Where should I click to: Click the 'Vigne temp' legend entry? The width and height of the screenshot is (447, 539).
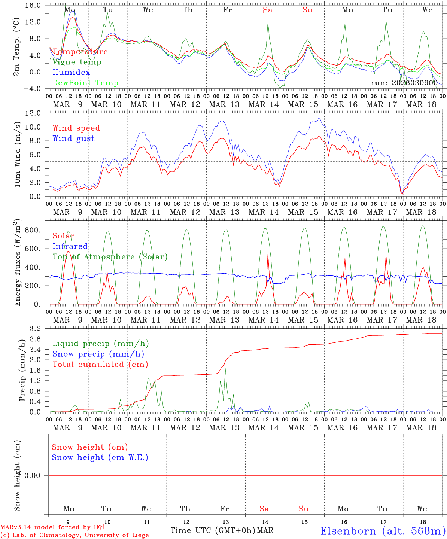77,62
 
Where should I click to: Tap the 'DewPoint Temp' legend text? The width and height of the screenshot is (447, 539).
85,83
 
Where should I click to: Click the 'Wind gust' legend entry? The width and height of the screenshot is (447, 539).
73,138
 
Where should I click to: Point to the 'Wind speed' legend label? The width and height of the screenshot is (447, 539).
76,128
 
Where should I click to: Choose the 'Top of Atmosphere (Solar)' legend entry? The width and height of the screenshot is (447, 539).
110,257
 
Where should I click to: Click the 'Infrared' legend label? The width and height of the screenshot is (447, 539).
70,246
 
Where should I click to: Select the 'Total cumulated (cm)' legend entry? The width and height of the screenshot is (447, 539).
100,364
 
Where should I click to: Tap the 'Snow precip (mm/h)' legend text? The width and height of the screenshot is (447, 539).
98,354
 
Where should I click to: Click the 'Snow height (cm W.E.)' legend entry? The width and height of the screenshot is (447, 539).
100,457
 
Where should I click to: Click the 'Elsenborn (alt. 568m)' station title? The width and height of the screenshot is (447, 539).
382,531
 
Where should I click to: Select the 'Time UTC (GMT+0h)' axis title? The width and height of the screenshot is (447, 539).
213,530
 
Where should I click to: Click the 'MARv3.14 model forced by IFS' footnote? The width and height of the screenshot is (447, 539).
52,527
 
